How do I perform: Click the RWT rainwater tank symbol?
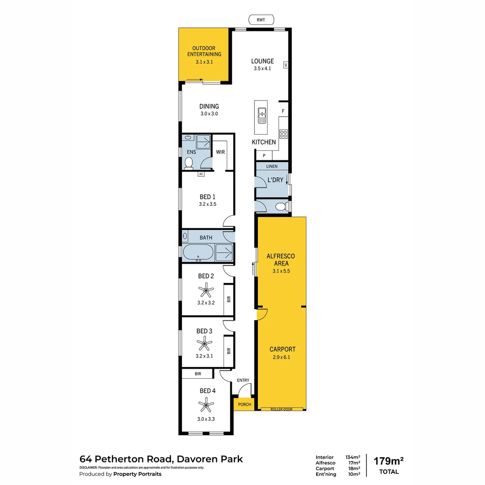[261, 19]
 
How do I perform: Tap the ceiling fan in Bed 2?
[206, 290]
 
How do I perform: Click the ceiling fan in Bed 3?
[205, 344]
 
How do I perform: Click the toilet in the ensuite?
[189, 163]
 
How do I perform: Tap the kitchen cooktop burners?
[284, 133]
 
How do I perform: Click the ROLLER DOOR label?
[282, 409]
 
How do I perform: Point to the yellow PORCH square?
[244, 404]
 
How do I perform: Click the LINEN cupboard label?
[272, 166]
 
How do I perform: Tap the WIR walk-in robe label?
[220, 152]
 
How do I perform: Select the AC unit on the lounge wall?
[285, 65]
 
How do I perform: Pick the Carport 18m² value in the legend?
[353, 468]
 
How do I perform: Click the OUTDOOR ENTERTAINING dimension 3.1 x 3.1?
[204, 62]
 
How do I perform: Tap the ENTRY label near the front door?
[243, 380]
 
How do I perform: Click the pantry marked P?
[264, 156]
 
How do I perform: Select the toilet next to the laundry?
[280, 207]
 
